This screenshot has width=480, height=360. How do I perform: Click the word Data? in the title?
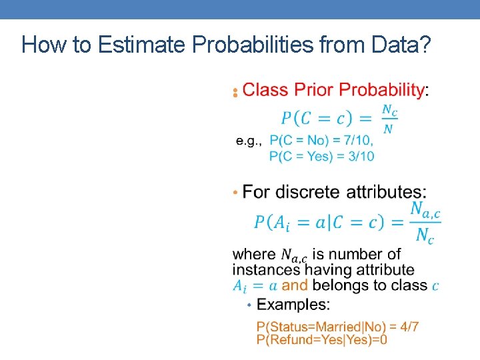click(400, 45)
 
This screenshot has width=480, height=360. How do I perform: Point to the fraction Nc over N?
click(389, 119)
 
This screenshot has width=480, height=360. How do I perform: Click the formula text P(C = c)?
click(317, 119)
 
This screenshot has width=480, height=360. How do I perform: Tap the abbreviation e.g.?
click(249, 141)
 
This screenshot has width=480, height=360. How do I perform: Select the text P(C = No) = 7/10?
click(321, 141)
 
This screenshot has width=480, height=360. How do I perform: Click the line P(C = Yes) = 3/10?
click(321, 156)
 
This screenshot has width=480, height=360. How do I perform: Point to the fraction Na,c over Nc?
click(425, 223)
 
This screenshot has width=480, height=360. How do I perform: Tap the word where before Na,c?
click(254, 254)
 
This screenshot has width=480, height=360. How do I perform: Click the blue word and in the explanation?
click(295, 285)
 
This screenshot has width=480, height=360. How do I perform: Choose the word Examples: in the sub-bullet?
click(293, 305)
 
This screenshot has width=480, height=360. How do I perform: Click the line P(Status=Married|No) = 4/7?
click(337, 327)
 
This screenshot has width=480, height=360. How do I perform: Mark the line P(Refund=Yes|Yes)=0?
click(322, 339)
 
